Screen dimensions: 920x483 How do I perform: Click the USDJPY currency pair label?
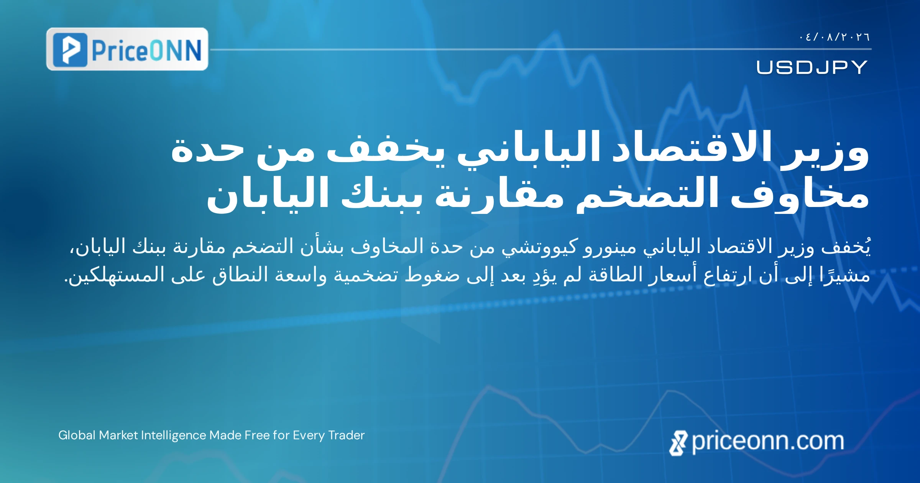pyautogui.click(x=812, y=67)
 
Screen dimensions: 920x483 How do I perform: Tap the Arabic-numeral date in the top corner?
pyautogui.click(x=834, y=37)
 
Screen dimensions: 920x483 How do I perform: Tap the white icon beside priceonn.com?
pyautogui.click(x=678, y=443)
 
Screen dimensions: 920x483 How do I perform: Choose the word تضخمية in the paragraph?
pyautogui.click(x=366, y=275)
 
